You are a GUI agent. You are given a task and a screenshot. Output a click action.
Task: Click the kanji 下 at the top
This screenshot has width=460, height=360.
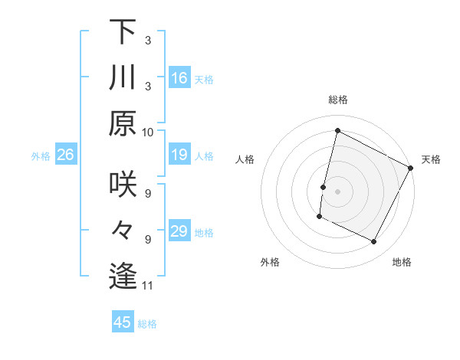123,32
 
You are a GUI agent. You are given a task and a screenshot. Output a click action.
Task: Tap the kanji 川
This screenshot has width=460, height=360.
123,78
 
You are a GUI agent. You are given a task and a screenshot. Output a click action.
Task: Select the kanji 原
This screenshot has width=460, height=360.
123,123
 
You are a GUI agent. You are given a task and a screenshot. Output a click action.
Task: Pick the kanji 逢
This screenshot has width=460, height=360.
123,277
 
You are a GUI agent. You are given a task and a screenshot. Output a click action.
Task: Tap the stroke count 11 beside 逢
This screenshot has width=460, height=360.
148,286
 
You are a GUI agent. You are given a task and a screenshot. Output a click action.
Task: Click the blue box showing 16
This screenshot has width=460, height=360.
179,78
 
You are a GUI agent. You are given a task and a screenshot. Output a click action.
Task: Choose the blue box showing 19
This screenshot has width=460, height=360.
179,155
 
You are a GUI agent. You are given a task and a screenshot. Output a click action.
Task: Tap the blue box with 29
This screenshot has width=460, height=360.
179,231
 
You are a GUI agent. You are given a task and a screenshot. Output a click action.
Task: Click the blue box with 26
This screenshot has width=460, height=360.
66,155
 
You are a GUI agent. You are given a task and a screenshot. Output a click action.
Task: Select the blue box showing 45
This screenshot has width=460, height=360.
123,322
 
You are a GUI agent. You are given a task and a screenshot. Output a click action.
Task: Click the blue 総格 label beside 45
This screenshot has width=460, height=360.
147,324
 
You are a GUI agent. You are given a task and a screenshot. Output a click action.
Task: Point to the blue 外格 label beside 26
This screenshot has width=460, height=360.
41,156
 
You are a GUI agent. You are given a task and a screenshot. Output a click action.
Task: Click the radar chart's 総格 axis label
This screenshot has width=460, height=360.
337,100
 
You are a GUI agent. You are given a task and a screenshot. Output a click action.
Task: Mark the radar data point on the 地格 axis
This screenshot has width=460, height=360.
374,242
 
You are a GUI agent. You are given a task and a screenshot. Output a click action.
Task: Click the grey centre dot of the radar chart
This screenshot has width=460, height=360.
337,191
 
